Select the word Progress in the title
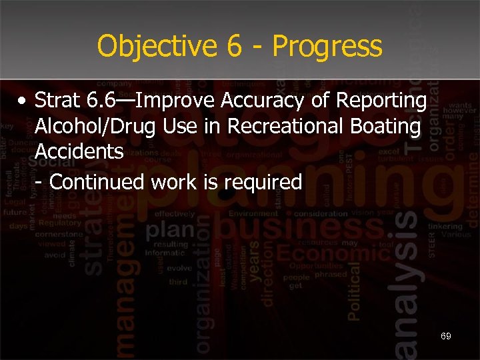coord(327,47)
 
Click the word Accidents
coord(79,151)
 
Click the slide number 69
coord(445,336)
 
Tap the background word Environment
coord(253,214)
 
